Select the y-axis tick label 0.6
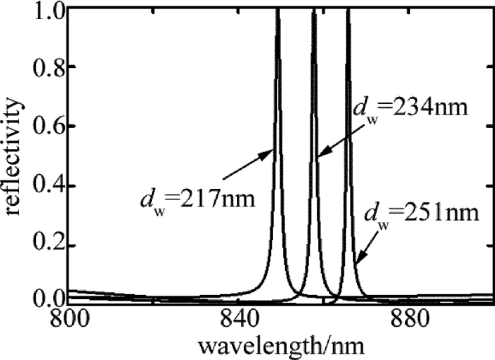(45, 127)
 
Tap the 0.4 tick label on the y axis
(45, 187)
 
